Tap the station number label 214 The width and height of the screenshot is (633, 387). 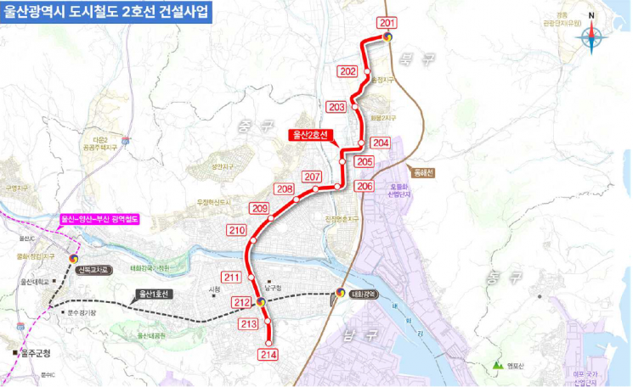click(x=268, y=354)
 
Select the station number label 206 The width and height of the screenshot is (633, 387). click(x=365, y=186)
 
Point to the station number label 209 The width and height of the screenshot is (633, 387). click(x=259, y=208)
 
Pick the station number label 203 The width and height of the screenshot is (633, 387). click(x=336, y=107)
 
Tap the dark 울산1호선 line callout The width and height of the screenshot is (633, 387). click(x=155, y=294)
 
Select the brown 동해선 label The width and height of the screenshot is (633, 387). click(x=421, y=171)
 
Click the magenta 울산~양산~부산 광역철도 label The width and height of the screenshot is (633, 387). click(x=99, y=218)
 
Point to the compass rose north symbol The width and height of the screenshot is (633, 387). click(x=592, y=37)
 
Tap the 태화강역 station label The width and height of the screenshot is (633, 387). click(x=363, y=294)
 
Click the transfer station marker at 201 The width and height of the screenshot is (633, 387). click(x=387, y=36)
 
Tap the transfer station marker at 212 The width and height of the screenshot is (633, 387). click(x=260, y=300)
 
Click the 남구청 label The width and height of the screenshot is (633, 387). click(x=272, y=288)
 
